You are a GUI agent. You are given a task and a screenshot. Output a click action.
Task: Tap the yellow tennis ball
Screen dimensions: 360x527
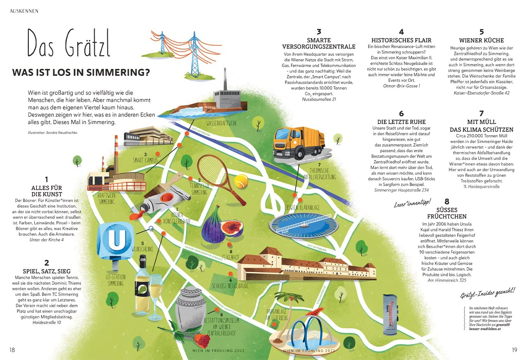click(x=241, y=181)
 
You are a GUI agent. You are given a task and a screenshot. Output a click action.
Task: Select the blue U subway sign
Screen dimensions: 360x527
click(x=115, y=240)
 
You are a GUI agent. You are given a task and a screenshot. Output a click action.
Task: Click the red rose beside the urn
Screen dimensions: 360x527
click(x=202, y=341)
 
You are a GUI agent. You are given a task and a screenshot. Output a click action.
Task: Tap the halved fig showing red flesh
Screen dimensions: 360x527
click(x=232, y=228)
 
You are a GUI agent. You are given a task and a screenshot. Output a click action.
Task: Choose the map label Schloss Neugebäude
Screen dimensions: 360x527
click(x=230, y=286)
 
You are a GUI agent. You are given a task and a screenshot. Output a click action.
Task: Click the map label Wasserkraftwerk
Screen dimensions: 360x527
click(x=221, y=123)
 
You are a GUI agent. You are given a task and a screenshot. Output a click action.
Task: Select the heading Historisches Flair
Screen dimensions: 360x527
click(x=401, y=40)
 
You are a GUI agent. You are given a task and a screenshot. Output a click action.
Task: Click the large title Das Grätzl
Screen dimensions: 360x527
click(x=69, y=44)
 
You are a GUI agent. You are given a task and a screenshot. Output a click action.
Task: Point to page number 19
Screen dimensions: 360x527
click(x=514, y=350)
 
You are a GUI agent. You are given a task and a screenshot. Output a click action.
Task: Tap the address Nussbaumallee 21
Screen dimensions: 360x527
click(x=319, y=99)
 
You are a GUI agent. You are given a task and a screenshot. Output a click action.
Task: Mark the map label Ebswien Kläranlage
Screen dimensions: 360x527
click(x=302, y=208)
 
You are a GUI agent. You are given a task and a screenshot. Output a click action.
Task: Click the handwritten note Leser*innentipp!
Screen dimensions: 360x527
click(x=412, y=204)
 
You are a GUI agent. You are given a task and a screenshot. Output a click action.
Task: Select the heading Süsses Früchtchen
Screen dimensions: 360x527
click(x=447, y=213)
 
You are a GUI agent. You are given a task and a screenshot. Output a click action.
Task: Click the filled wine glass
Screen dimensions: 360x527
click(x=156, y=290)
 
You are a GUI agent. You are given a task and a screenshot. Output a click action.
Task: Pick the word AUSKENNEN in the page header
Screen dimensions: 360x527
click(x=24, y=11)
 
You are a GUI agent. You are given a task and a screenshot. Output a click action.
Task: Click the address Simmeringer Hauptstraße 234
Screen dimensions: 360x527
click(x=401, y=190)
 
